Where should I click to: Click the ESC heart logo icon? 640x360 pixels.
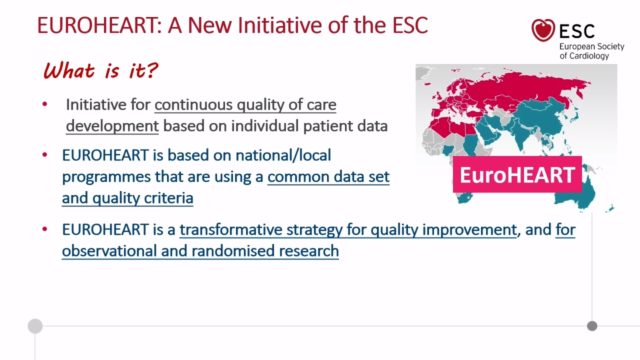pos(543,30)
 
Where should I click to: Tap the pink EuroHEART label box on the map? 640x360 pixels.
pos(517,174)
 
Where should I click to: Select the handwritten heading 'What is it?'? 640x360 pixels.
pos(100,70)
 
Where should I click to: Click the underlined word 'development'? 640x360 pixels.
pos(112,126)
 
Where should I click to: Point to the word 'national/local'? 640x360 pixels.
pos(283,155)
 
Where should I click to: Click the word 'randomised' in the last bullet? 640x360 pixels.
pos(233,251)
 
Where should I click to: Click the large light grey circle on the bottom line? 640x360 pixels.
pos(35,326)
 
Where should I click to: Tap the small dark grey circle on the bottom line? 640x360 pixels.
pos(592,326)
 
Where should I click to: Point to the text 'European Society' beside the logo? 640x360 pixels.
pos(591,46)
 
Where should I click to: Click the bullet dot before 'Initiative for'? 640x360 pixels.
pos(44,104)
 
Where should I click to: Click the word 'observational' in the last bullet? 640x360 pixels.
pos(109,251)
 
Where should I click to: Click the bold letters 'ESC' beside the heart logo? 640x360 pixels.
pos(577,31)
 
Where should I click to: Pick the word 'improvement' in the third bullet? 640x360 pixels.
pos(469,229)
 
